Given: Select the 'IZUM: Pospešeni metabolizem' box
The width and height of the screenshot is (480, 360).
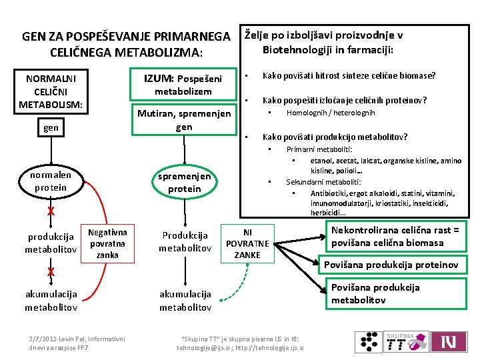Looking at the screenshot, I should (183, 84).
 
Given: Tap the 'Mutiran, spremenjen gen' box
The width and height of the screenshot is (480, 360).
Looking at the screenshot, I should (184, 120).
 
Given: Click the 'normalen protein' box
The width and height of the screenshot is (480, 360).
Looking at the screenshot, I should (51, 181).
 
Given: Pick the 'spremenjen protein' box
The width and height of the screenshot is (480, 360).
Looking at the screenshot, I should (185, 182).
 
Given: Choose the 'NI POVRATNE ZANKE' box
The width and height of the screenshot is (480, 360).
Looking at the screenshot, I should (247, 243).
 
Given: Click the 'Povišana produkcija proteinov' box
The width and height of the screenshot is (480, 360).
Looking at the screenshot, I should (391, 265).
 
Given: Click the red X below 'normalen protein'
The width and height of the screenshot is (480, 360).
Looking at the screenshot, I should (51, 212).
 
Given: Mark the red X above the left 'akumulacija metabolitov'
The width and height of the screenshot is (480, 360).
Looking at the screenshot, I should (51, 271).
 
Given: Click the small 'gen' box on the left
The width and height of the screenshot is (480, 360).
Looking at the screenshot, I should (51, 127).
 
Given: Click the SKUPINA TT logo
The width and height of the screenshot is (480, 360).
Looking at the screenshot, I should (405, 343).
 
